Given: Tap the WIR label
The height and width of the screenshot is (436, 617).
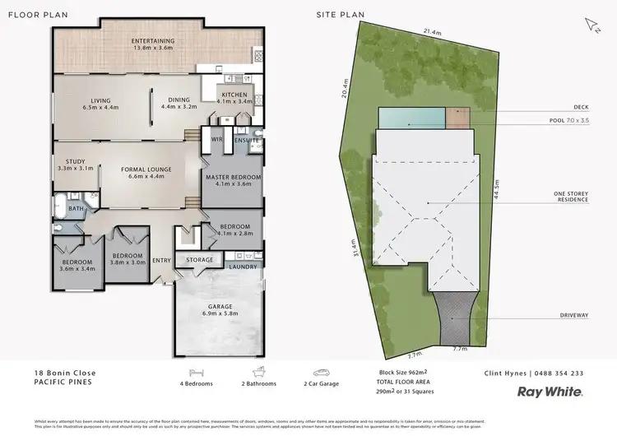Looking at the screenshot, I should click(218, 140).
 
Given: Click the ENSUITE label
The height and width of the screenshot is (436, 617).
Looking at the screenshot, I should click(246, 141).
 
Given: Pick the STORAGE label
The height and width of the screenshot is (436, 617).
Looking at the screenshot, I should click(199, 260).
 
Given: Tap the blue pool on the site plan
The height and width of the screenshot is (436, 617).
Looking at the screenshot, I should click(412, 118).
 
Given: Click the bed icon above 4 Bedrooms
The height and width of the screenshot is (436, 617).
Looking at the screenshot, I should click(196, 373).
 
